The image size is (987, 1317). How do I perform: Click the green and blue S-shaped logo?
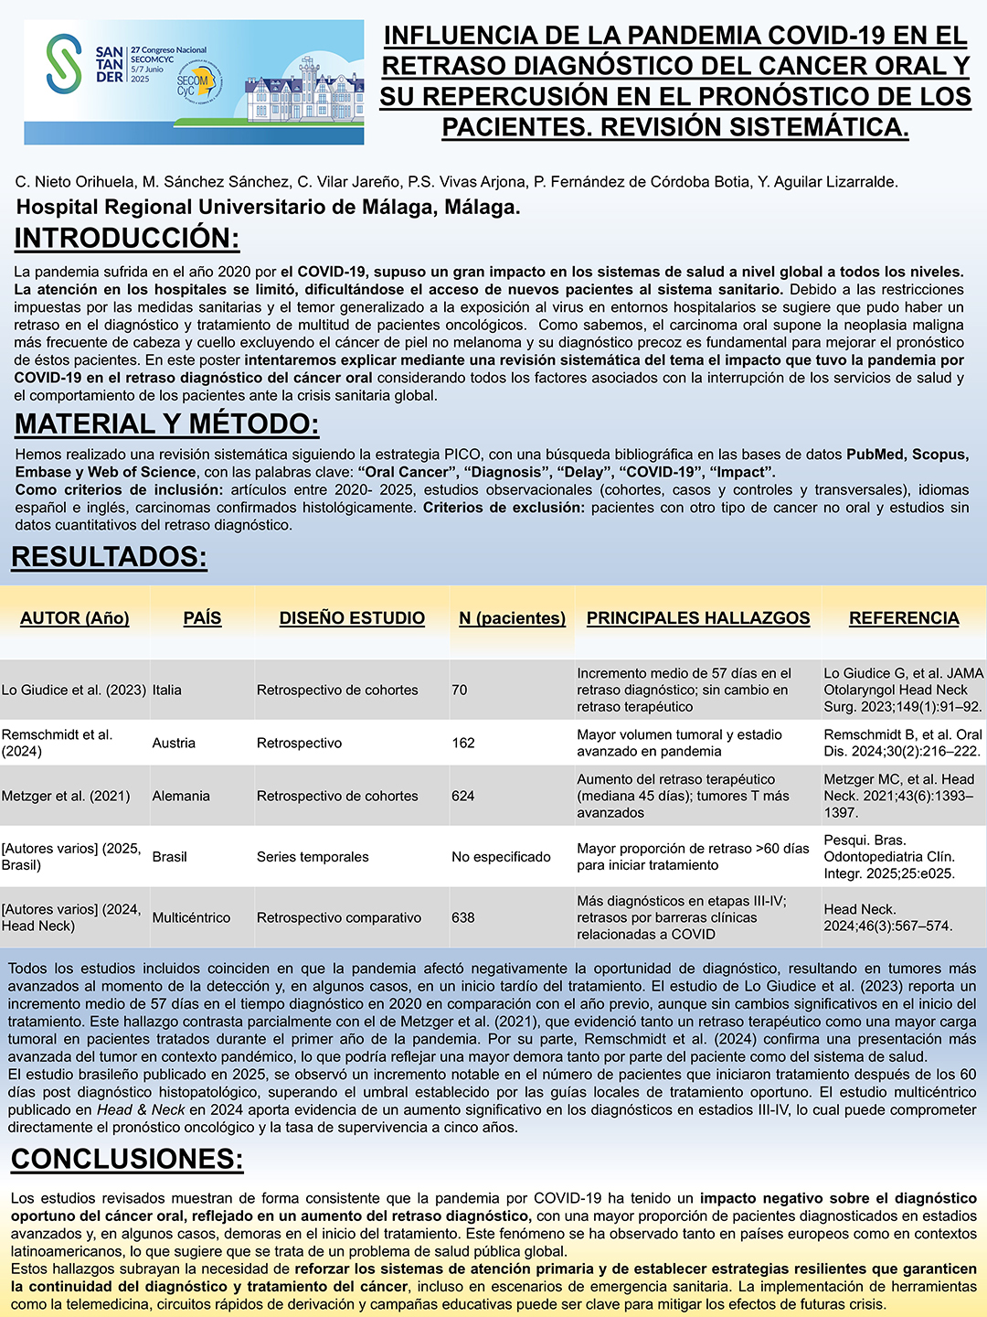[x=64, y=63]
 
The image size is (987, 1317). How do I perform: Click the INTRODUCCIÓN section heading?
[x=127, y=239]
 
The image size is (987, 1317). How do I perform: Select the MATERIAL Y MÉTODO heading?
[x=167, y=424]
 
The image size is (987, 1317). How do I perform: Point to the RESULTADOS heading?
[x=109, y=557]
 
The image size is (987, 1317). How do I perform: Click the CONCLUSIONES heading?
[x=127, y=1159]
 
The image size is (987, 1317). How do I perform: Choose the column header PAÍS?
[x=202, y=618]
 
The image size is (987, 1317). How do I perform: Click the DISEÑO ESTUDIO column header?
[x=352, y=618]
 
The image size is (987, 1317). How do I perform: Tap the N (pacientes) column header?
[x=512, y=618]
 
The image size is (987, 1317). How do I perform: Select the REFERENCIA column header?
[x=904, y=618]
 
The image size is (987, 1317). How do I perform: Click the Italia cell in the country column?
[x=167, y=690]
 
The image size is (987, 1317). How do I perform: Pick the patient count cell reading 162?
[x=463, y=743]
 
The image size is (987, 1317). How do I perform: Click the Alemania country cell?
[x=181, y=796]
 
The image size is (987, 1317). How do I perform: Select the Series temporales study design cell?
[x=313, y=857]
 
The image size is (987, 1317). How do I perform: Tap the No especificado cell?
[x=501, y=857]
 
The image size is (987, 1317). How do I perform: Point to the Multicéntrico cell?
[x=191, y=917]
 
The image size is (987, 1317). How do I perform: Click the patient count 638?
[x=463, y=917]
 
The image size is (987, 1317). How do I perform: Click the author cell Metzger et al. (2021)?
[x=66, y=796]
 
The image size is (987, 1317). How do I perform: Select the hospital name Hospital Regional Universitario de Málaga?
[x=268, y=208]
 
